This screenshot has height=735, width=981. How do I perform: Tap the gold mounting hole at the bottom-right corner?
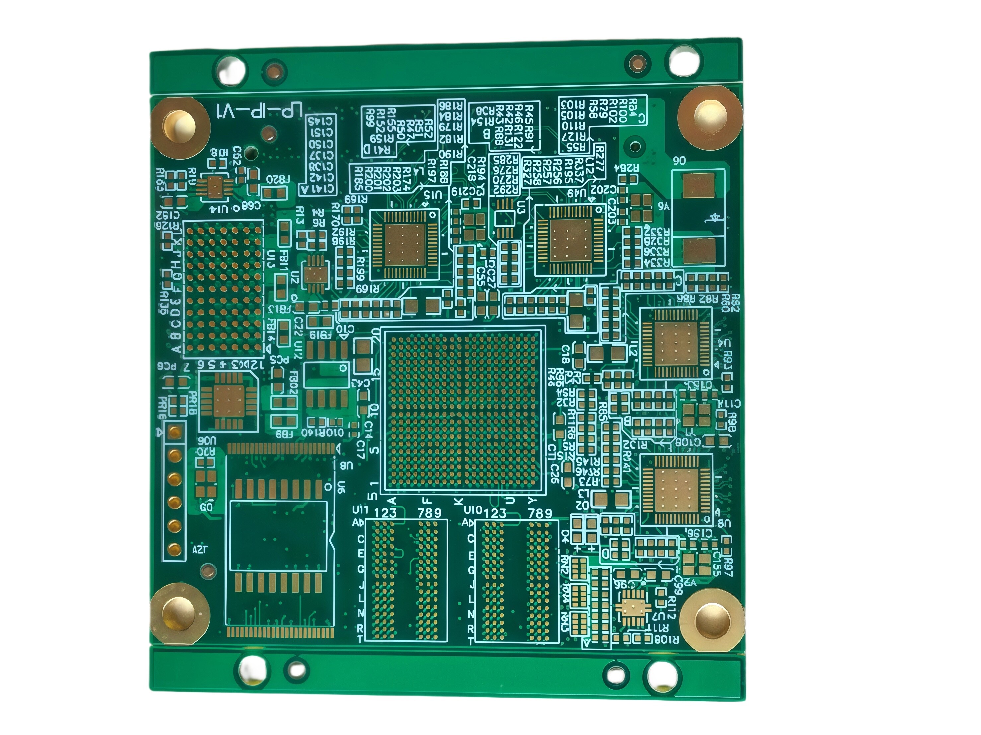(712, 621)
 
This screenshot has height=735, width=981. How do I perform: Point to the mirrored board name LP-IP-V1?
(259, 111)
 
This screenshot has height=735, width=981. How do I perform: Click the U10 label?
(472, 510)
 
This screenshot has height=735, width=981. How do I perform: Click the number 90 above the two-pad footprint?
(679, 161)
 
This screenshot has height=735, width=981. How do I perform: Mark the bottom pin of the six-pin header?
(175, 550)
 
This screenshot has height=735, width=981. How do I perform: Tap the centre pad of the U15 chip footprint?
(405, 245)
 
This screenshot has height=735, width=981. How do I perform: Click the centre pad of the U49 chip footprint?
(571, 240)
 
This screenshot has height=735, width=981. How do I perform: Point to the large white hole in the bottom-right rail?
(662, 676)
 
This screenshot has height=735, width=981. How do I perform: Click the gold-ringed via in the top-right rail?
(638, 63)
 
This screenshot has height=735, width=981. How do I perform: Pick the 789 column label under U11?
(429, 513)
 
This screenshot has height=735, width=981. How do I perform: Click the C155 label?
(716, 564)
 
